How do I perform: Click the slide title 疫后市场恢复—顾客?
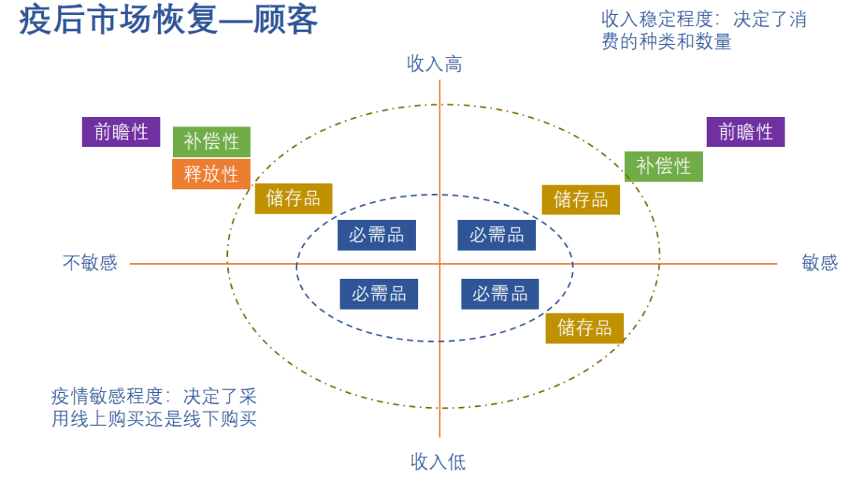pyautogui.click(x=168, y=20)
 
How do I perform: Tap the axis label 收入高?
pyautogui.click(x=434, y=64)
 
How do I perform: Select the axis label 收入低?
pyautogui.click(x=438, y=462)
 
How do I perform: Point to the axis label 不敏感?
pyautogui.click(x=90, y=262)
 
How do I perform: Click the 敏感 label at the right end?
pyautogui.click(x=819, y=262)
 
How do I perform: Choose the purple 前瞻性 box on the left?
pyautogui.click(x=121, y=132)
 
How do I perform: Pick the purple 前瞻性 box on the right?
pyautogui.click(x=745, y=132)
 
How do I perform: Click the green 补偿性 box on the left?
pyautogui.click(x=211, y=142)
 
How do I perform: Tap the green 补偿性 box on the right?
pyautogui.click(x=663, y=167)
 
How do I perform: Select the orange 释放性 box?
pyautogui.click(x=211, y=174)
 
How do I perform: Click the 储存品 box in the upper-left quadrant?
pyautogui.click(x=293, y=199)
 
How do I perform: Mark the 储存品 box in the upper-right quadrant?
pyautogui.click(x=580, y=200)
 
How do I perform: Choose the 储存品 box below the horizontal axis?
pyautogui.click(x=584, y=328)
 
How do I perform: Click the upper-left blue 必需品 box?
pyautogui.click(x=377, y=235)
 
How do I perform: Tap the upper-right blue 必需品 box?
pyautogui.click(x=497, y=235)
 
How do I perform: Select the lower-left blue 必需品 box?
pyautogui.click(x=379, y=294)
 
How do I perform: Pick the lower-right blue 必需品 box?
pyautogui.click(x=500, y=294)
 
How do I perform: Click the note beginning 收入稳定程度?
pyautogui.click(x=704, y=30)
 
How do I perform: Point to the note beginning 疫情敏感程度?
pyautogui.click(x=154, y=407)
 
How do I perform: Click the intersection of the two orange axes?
pyautogui.click(x=439, y=264)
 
